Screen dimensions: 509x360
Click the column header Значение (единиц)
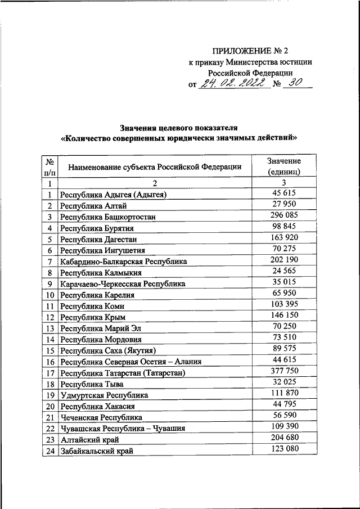point(284,166)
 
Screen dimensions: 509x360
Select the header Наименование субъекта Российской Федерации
point(155,166)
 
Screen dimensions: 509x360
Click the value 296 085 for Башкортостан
point(284,215)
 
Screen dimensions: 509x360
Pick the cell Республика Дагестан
point(96,239)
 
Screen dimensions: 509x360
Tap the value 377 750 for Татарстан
point(284,371)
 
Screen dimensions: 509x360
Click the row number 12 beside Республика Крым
point(49,317)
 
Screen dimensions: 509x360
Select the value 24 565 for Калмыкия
point(284,271)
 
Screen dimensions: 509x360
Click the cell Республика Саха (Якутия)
point(108,350)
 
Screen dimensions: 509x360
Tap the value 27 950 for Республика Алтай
point(284,204)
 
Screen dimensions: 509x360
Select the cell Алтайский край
point(89,439)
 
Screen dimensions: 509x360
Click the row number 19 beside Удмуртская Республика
point(49,395)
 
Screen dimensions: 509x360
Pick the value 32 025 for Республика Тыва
point(284,382)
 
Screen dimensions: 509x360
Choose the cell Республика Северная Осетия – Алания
point(130,362)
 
